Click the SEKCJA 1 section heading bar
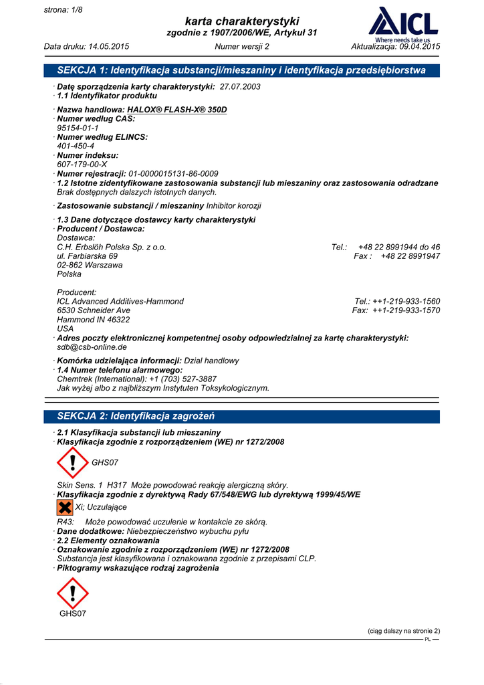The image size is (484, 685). tap(241, 70)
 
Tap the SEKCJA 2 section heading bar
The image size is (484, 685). tap(241, 416)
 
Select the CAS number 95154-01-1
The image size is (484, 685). tap(78, 128)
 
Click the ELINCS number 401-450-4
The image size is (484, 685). tap(76, 146)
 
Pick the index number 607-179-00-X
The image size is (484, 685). tap(82, 164)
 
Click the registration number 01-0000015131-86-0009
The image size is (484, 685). tap(173, 173)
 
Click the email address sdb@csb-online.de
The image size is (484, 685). tap(92, 347)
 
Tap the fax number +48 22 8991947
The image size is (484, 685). tap(410, 256)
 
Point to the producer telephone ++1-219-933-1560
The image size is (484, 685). tap(406, 301)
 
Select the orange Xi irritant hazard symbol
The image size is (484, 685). tap(65, 507)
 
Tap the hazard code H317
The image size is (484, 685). tap(117, 485)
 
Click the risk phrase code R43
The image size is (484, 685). tap(66, 522)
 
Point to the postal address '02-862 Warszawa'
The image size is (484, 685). tap(90, 265)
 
